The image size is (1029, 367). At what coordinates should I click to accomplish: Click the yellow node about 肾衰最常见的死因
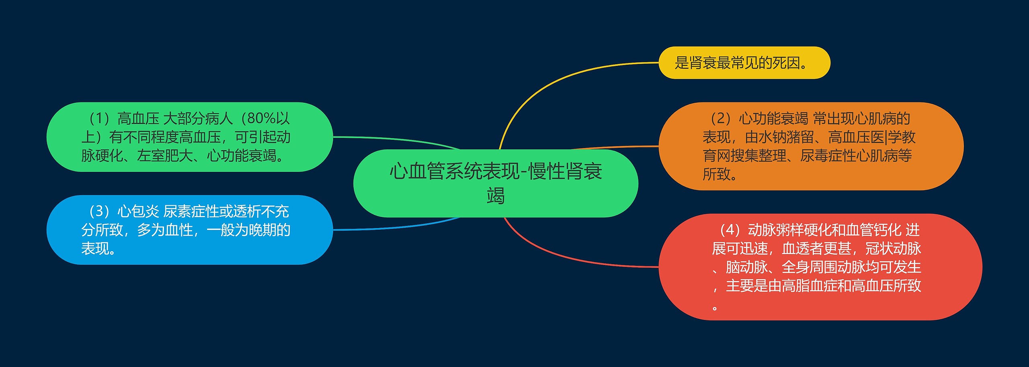coord(744,63)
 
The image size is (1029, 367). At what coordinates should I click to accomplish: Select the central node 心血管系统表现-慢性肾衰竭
coord(495,183)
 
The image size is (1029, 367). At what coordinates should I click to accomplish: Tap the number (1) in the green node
coord(99,118)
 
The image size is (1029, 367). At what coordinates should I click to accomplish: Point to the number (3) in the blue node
coord(99,211)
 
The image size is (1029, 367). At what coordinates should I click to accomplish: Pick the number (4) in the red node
coord(730,230)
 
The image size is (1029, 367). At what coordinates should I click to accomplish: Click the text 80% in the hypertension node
coord(261,118)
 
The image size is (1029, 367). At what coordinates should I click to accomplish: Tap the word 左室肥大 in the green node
coord(165,155)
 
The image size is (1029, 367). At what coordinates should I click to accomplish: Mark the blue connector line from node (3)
coord(402,227)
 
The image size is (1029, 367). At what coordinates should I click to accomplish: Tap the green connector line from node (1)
coord(402,139)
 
